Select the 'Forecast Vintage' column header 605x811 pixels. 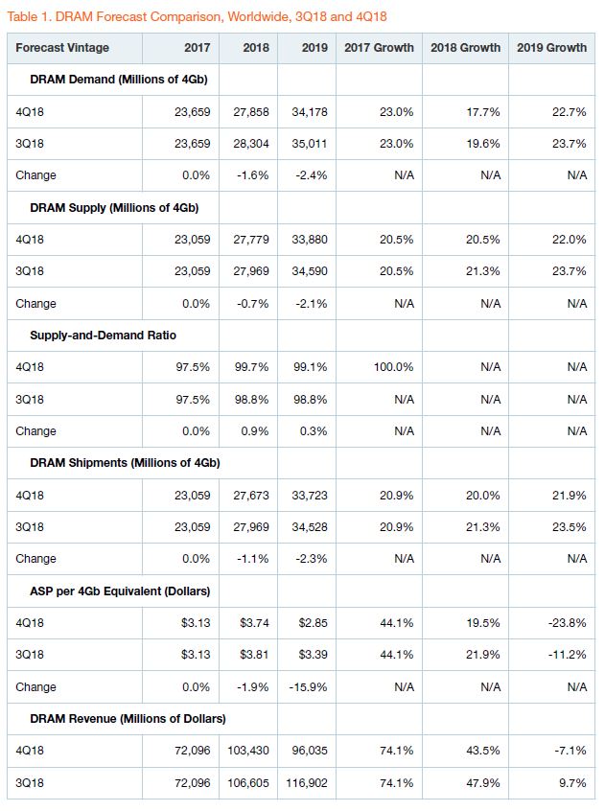pyautogui.click(x=62, y=48)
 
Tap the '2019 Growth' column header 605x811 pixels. pyautogui.click(x=551, y=48)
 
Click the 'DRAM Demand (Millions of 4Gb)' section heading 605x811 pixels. pyautogui.click(x=119, y=80)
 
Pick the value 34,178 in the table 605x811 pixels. pyautogui.click(x=310, y=112)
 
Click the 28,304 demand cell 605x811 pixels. pyautogui.click(x=251, y=143)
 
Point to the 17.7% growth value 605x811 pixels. pyautogui.click(x=483, y=112)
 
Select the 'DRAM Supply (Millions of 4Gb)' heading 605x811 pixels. pyautogui.click(x=114, y=208)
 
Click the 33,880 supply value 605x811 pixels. pyautogui.click(x=310, y=240)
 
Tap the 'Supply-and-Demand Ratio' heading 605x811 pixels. pyautogui.click(x=103, y=336)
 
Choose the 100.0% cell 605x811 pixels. pyautogui.click(x=393, y=367)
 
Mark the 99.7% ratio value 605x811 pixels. pyautogui.click(x=252, y=367)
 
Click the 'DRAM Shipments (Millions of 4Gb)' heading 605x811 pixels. pyautogui.click(x=126, y=463)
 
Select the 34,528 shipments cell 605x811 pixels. pyautogui.click(x=310, y=527)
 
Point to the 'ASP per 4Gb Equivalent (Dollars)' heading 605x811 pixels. pyautogui.click(x=120, y=591)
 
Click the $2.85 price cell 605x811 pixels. pyautogui.click(x=313, y=623)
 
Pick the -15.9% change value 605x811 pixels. pyautogui.click(x=308, y=687)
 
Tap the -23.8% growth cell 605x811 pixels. pyautogui.click(x=568, y=623)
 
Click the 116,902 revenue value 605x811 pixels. pyautogui.click(x=307, y=782)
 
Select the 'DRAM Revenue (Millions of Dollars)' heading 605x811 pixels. pyautogui.click(x=128, y=719)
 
